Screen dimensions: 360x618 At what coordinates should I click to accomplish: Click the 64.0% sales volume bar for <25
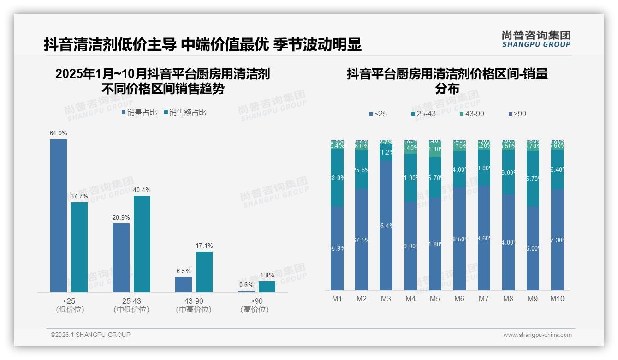tap(59, 216)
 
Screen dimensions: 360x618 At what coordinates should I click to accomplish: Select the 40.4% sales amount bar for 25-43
tap(142, 244)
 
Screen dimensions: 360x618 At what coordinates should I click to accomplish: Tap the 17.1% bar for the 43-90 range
tap(204, 271)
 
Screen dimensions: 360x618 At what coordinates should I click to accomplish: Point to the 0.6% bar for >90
tap(246, 291)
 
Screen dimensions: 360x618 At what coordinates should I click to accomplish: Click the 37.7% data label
tap(79, 196)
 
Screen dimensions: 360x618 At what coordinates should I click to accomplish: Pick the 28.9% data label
tap(121, 217)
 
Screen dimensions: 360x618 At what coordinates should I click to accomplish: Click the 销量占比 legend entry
tap(139, 113)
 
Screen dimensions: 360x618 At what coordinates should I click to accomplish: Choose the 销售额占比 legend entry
tap(185, 113)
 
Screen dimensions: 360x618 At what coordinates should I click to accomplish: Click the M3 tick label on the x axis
tap(386, 299)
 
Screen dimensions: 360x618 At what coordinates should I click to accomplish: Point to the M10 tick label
tap(557, 299)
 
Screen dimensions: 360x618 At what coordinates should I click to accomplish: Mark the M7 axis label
tap(483, 299)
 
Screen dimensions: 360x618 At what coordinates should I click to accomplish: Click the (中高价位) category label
tap(194, 310)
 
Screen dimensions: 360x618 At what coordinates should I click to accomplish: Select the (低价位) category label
tap(70, 310)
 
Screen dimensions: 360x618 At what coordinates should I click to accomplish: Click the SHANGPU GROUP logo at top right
tap(536, 39)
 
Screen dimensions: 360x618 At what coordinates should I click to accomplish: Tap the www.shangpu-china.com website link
tap(537, 335)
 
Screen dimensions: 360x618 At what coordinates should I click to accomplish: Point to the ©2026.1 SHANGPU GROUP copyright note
tap(90, 335)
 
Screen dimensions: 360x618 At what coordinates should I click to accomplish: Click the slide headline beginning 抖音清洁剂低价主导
tap(202, 44)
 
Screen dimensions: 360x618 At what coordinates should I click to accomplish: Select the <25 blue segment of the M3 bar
tap(386, 225)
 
